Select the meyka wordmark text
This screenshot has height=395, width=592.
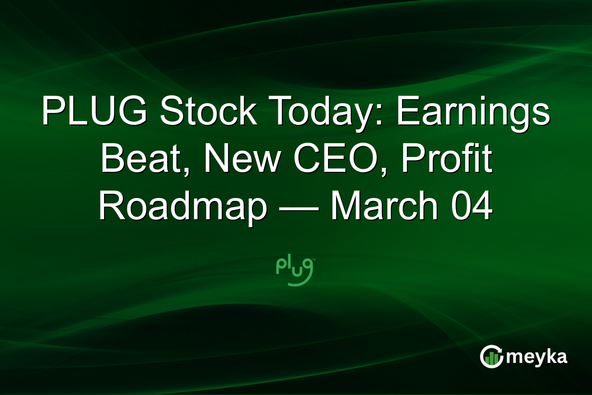tap(537, 357)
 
